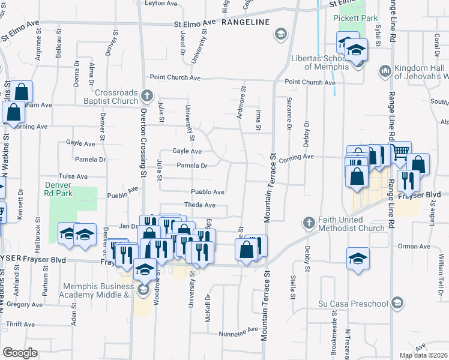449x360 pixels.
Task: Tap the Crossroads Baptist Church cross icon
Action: (x=148, y=95)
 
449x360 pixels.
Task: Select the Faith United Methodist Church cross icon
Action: (x=309, y=223)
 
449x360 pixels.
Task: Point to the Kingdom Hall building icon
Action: (x=385, y=71)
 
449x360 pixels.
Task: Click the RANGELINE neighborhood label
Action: (x=243, y=22)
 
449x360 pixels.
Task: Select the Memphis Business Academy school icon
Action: (x=143, y=291)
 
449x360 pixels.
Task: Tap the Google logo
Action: (x=20, y=353)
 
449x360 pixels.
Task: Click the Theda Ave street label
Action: (x=199, y=205)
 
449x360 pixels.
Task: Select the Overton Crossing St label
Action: (x=143, y=144)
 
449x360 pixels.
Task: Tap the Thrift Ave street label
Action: (x=20, y=324)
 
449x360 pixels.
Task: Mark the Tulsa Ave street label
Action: (x=73, y=177)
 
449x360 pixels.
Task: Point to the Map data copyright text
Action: (x=424, y=355)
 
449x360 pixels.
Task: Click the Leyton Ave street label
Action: (x=162, y=4)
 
